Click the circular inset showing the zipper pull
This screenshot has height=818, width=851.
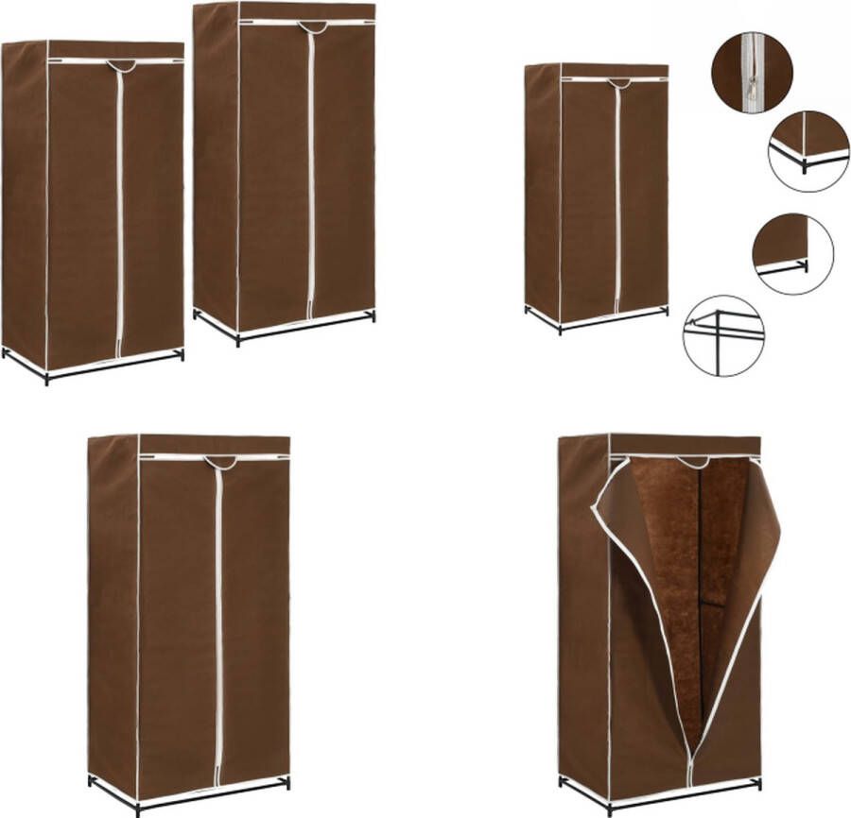pos(752,73)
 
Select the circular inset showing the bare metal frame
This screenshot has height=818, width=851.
pos(723,335)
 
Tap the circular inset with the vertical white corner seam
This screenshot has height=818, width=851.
pos(808,151)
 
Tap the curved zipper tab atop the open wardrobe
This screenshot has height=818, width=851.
pos(693,462)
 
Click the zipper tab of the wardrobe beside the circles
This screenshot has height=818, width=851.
pos(619,83)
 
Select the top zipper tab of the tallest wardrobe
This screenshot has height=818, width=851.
pos(312,26)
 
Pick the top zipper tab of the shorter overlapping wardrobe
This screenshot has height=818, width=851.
pos(120,65)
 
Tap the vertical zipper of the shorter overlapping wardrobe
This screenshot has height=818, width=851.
pos(119,217)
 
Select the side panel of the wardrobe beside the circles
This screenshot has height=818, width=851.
pos(543,189)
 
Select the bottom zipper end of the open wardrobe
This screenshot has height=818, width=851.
pos(690,776)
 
